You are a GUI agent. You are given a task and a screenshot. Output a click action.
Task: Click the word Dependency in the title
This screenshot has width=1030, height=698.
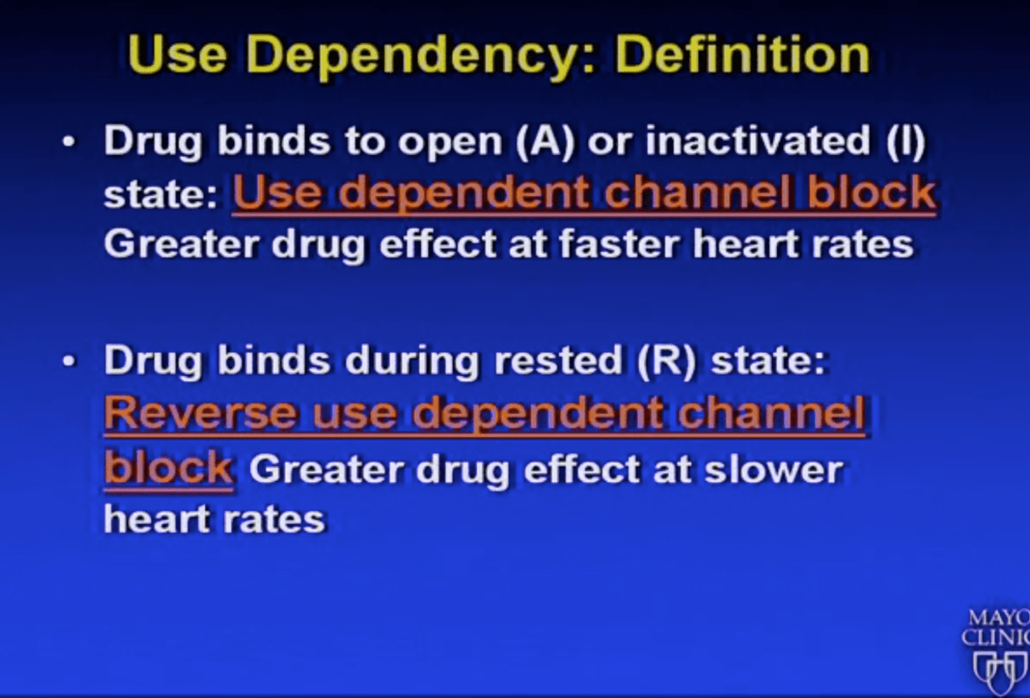(420, 57)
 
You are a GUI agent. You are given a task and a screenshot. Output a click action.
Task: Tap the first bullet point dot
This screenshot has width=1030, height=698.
(69, 142)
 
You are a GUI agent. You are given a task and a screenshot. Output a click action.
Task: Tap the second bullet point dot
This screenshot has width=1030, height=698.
(69, 361)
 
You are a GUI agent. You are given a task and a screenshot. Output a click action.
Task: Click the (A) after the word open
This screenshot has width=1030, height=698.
(545, 142)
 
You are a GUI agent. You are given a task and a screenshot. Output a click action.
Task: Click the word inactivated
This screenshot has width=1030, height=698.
(758, 140)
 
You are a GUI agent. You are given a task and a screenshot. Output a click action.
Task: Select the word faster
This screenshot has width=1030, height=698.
(619, 243)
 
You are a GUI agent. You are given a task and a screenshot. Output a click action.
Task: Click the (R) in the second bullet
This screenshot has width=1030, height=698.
(666, 361)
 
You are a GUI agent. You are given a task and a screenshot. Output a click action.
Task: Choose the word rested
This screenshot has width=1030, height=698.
(558, 360)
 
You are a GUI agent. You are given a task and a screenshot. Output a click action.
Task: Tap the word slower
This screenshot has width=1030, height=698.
(774, 469)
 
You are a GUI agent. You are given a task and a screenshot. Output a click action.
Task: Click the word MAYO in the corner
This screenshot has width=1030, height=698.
(999, 617)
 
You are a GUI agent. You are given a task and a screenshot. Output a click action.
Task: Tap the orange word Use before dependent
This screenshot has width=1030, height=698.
(278, 192)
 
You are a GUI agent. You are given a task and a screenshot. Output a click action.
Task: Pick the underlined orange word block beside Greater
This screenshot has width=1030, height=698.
(168, 468)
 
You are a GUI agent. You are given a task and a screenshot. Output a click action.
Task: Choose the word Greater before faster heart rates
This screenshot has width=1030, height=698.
(182, 243)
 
